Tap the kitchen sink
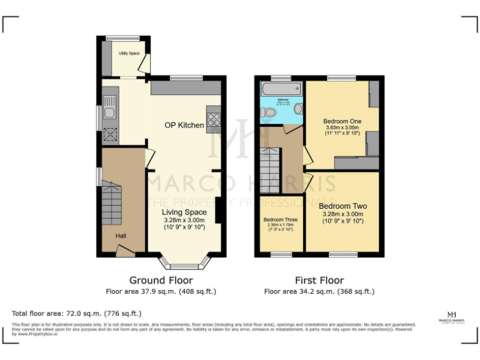click(x=109, y=106)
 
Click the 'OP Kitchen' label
click(x=184, y=125)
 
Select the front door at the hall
click(x=125, y=251)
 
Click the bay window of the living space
click(x=184, y=261)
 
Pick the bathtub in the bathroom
click(x=281, y=88)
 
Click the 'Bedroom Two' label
click(x=342, y=206)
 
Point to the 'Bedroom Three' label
click(x=280, y=220)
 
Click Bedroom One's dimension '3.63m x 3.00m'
click(x=342, y=127)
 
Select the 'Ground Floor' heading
click(x=161, y=280)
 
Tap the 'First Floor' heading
click(x=319, y=280)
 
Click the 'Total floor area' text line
click(x=76, y=313)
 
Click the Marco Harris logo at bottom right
click(x=451, y=317)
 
